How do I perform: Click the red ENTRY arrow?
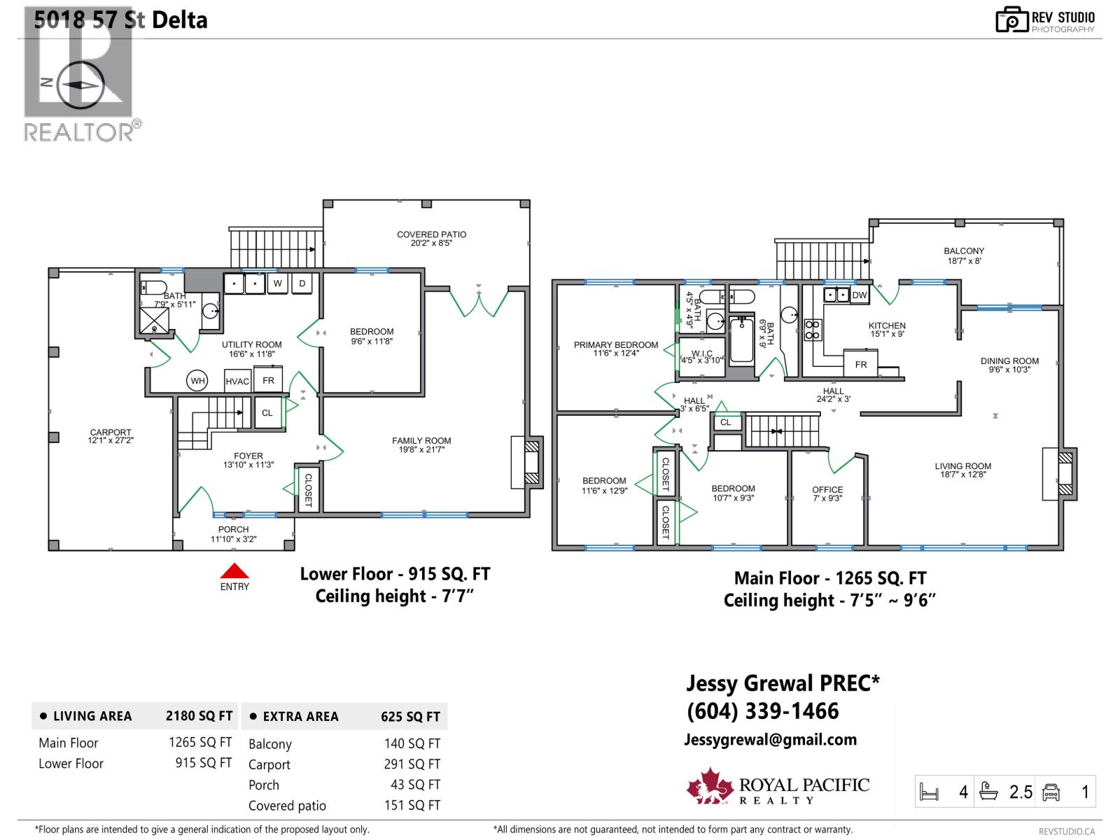234,570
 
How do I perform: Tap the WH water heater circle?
198,381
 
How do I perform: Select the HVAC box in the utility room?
237,381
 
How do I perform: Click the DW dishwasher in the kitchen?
860,295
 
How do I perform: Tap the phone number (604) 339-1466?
763,711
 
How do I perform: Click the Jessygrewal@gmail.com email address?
770,740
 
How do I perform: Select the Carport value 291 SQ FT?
412,764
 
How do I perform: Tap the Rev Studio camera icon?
1011,20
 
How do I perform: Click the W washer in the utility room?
277,283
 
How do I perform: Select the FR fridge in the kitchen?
860,365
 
